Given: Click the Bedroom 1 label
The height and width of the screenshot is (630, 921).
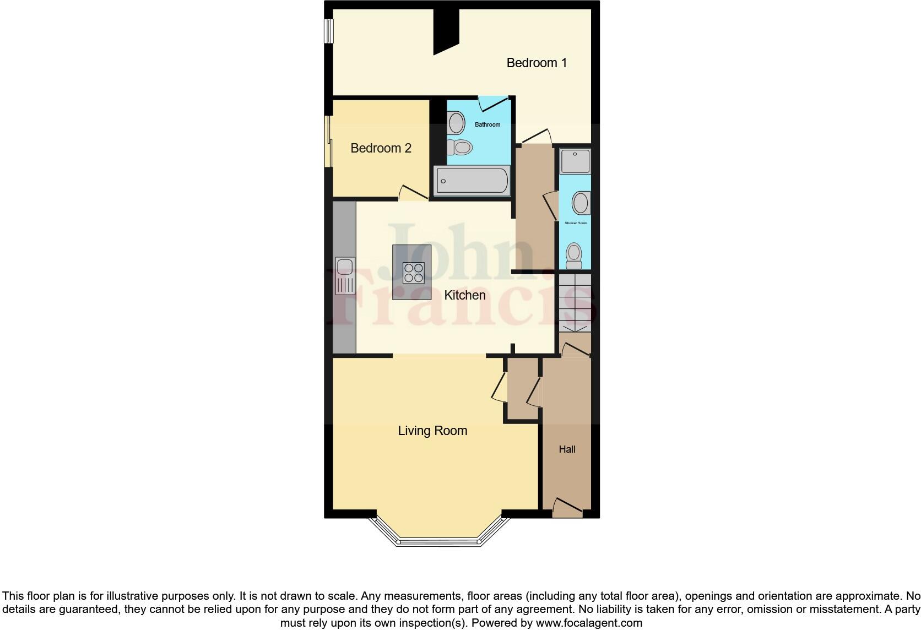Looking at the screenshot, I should point(537,63).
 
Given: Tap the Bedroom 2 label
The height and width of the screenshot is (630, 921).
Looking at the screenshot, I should point(381,148).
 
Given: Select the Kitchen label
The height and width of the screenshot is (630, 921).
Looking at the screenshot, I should point(465,295).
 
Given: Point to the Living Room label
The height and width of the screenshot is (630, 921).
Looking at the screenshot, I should point(432,431).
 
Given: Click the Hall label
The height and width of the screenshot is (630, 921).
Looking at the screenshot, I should point(567,449).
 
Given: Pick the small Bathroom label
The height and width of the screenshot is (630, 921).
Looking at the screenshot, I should point(487,124).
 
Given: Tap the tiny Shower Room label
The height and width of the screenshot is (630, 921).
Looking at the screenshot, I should point(576,223).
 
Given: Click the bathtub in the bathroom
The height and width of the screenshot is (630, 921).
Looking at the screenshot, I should point(473,181).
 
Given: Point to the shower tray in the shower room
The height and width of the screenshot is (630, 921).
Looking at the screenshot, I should point(575,161).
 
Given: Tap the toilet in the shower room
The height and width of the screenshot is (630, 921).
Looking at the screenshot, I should point(575,256).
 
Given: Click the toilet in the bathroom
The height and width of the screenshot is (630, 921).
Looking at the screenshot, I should point(460,147).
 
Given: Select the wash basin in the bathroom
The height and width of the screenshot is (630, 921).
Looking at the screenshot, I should point(456,122).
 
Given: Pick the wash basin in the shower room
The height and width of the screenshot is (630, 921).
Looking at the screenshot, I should point(581,203).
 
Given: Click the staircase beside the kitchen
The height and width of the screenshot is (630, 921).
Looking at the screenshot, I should point(575,303).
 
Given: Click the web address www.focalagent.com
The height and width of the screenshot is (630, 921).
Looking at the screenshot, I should point(589,623).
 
